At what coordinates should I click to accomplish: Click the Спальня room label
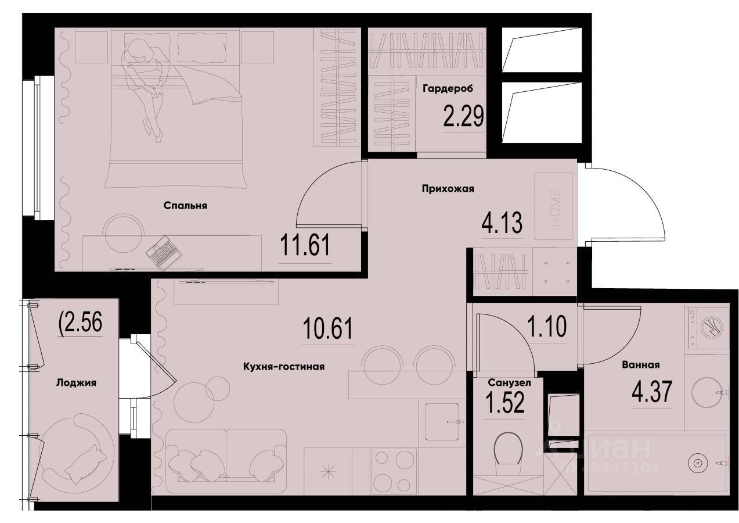[x=185, y=205]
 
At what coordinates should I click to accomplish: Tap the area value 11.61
[x=305, y=245]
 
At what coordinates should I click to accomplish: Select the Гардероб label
[x=448, y=89]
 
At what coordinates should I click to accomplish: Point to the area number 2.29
[x=463, y=116]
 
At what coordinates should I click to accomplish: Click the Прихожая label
[x=448, y=188]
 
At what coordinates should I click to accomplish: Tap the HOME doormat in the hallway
[x=553, y=206]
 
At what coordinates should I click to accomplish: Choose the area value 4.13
[x=503, y=221]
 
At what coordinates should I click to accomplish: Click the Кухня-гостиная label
[x=283, y=366]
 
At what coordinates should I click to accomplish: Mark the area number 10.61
[x=327, y=329]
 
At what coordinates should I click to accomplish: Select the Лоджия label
[x=76, y=382]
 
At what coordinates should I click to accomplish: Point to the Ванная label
[x=640, y=365]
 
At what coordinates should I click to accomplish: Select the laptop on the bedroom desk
[x=163, y=252]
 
